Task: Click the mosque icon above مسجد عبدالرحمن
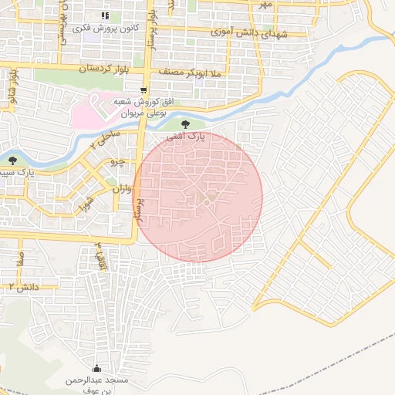tap(96, 368)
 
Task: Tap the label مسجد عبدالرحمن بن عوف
tap(96, 385)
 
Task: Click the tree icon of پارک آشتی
tap(184, 124)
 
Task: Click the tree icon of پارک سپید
tap(13, 160)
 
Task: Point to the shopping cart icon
tap(143, 91)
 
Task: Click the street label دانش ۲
tap(23, 286)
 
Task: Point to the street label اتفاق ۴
tap(100, 255)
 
